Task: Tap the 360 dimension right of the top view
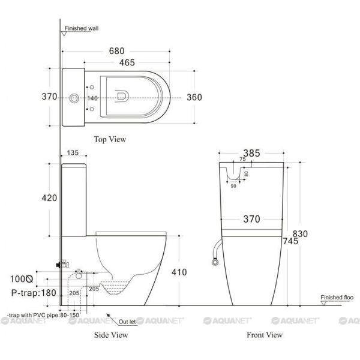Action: click(x=194, y=98)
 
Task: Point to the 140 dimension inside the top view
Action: click(x=92, y=98)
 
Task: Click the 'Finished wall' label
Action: click(x=82, y=28)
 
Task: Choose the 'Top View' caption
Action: click(x=110, y=139)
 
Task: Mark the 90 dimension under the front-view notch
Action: click(x=233, y=186)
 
